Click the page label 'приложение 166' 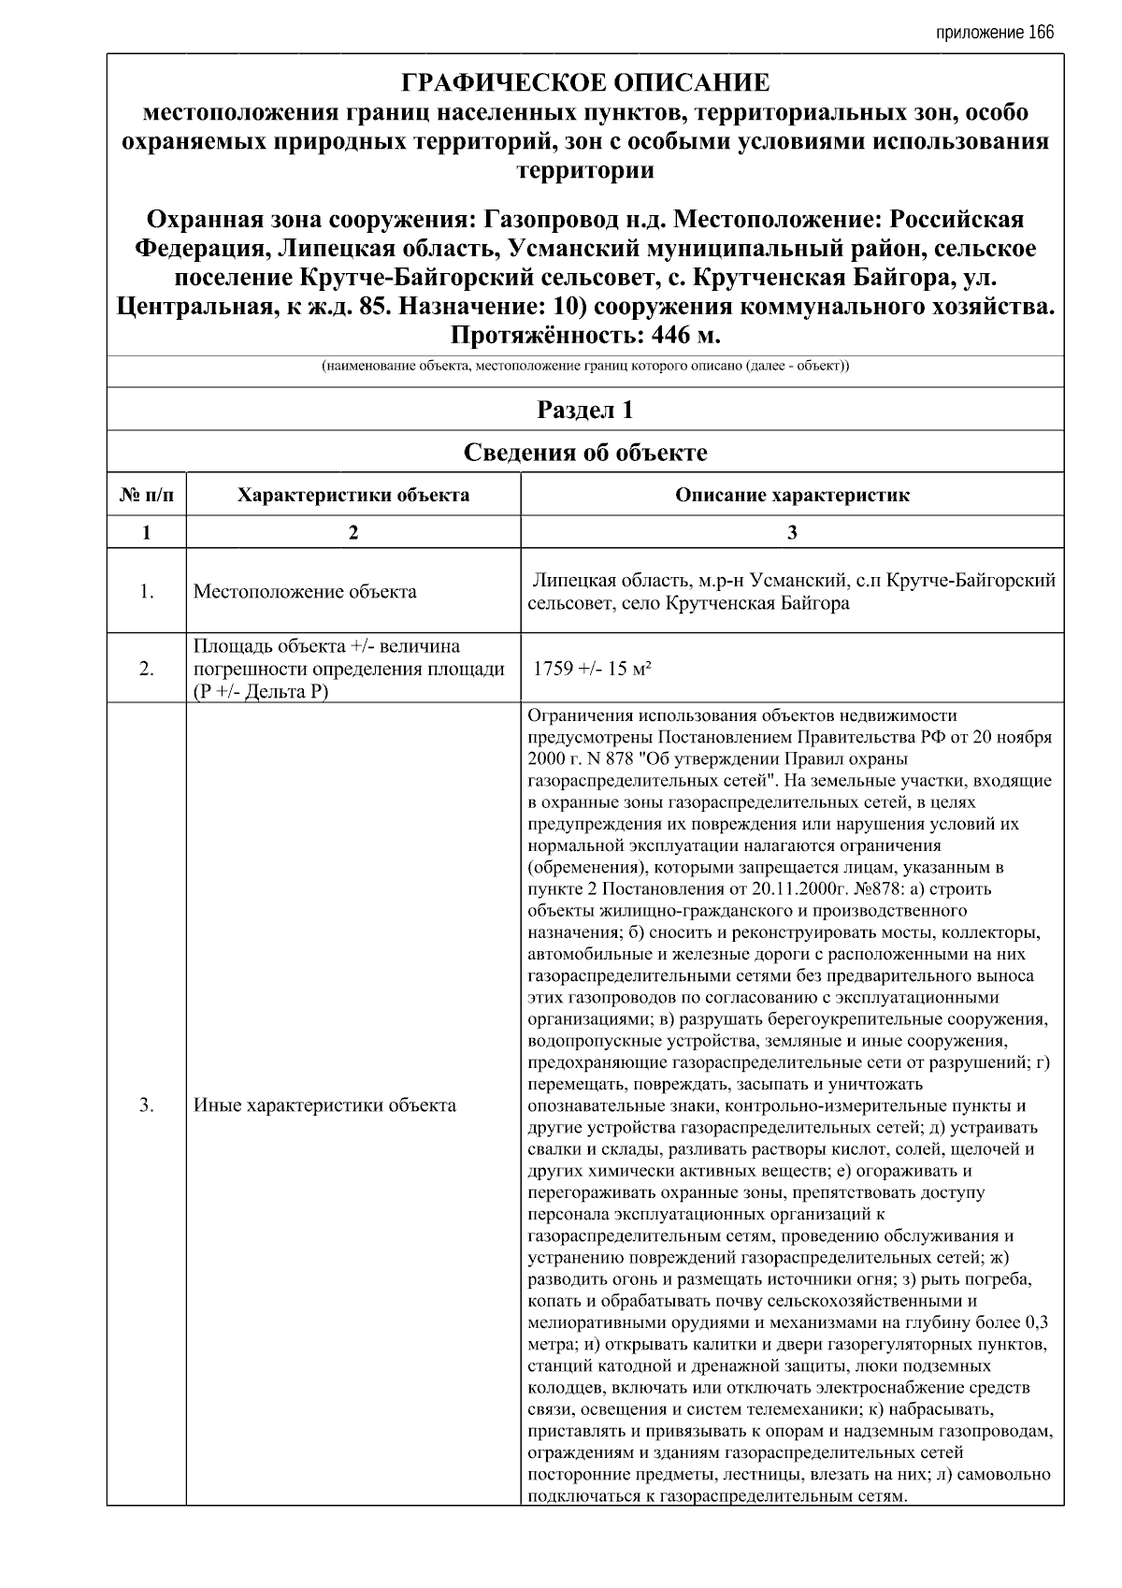tap(994, 33)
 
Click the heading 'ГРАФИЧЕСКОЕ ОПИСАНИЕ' tap(585, 83)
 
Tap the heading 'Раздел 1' tap(585, 410)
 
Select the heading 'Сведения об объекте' tap(585, 453)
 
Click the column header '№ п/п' tap(147, 495)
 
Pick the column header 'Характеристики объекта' tap(353, 495)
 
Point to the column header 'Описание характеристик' tap(792, 495)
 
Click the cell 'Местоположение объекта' tap(305, 591)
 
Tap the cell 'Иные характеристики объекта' tap(324, 1105)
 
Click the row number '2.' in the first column tap(147, 669)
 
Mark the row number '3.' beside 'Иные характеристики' tap(147, 1105)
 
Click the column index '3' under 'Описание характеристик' tap(792, 532)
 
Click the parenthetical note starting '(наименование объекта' tap(585, 367)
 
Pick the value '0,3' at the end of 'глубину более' tap(1036, 1322)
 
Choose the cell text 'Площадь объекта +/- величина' tap(326, 647)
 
